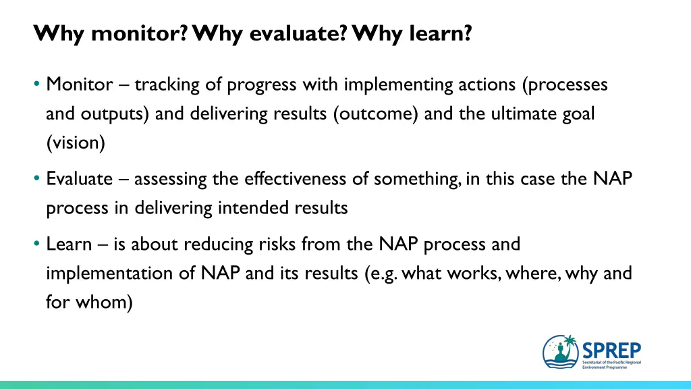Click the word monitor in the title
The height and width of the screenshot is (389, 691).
coord(139,33)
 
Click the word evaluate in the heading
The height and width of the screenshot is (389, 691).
coord(298,33)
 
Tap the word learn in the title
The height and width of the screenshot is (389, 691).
coord(441,33)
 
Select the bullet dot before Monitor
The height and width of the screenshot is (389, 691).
coord(36,83)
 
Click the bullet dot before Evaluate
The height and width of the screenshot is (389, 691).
coord(36,178)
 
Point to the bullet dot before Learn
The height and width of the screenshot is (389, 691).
coord(36,243)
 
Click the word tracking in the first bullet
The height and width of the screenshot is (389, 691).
coord(167,84)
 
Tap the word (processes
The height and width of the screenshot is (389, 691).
coord(565,84)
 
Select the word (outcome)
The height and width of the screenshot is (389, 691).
coord(375,113)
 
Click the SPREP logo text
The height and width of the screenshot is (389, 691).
coord(611,351)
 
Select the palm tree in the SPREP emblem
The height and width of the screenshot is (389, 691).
coord(570,343)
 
